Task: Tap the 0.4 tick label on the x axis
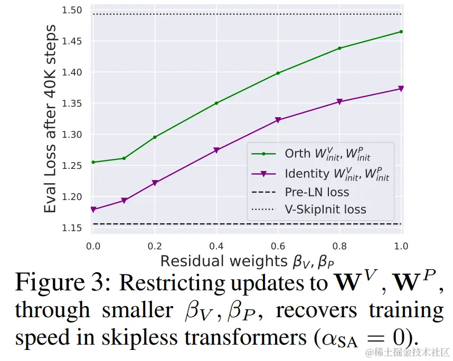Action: pyautogui.click(x=216, y=246)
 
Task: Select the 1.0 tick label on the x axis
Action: pyautogui.click(x=402, y=246)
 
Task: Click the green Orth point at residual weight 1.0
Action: pyautogui.click(x=401, y=32)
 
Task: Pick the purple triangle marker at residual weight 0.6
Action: pyautogui.click(x=278, y=120)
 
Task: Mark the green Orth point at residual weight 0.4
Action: pyautogui.click(x=216, y=103)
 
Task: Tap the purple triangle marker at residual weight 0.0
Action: pyautogui.click(x=93, y=210)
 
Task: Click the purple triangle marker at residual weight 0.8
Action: pyautogui.click(x=339, y=102)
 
